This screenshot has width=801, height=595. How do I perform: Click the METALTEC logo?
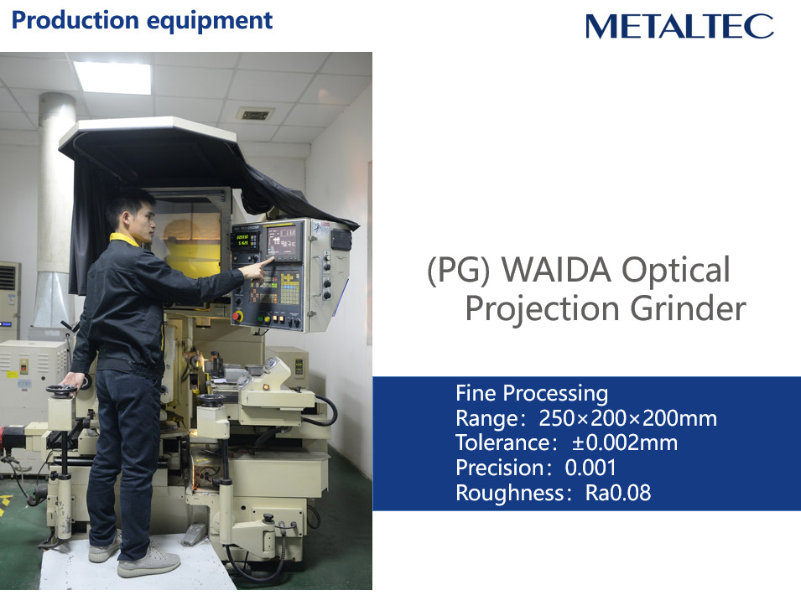pos(679,26)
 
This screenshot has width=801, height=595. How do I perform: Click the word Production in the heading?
pos(75,20)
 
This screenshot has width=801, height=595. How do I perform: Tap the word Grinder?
pos(688,308)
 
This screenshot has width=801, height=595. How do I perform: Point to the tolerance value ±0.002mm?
pos(624,443)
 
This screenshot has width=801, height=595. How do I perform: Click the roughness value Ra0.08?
pos(618,493)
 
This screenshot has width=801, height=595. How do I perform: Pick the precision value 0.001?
pos(590,468)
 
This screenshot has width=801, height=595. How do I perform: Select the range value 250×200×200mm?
pos(628,418)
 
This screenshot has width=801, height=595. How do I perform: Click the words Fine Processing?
pos(532,393)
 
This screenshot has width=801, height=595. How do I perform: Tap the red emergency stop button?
pos(237,316)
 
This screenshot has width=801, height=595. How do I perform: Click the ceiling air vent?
pos(256,115)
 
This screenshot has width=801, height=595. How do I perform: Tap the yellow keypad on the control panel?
pos(289,288)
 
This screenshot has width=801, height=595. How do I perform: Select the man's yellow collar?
pos(126,238)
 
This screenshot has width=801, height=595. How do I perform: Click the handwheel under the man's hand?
pos(62,390)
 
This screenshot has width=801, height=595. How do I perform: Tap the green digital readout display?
pos(244,240)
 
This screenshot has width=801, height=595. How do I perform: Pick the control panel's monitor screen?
pos(282,241)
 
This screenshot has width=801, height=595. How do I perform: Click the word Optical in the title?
pos(676,271)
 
